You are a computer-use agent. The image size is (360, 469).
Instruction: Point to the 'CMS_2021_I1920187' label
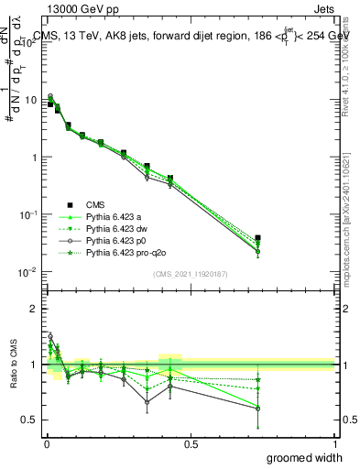pos(190,274)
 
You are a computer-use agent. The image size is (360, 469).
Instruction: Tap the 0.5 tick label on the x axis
pos(190,443)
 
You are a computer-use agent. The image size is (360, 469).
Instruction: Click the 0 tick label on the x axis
pos(46,443)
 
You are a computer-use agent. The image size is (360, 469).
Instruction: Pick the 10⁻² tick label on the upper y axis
pos(30,272)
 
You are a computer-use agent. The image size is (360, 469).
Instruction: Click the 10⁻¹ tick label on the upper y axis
pos(30,214)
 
